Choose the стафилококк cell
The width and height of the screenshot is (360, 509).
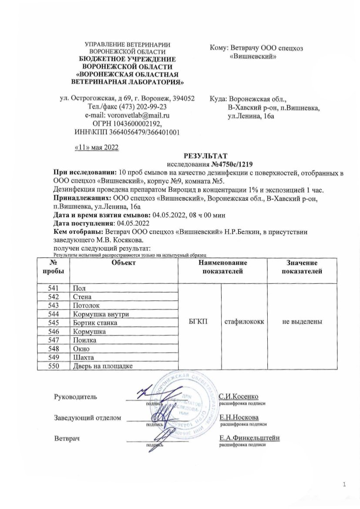[x=244, y=322]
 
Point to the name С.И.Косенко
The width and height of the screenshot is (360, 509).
[x=239, y=397]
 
